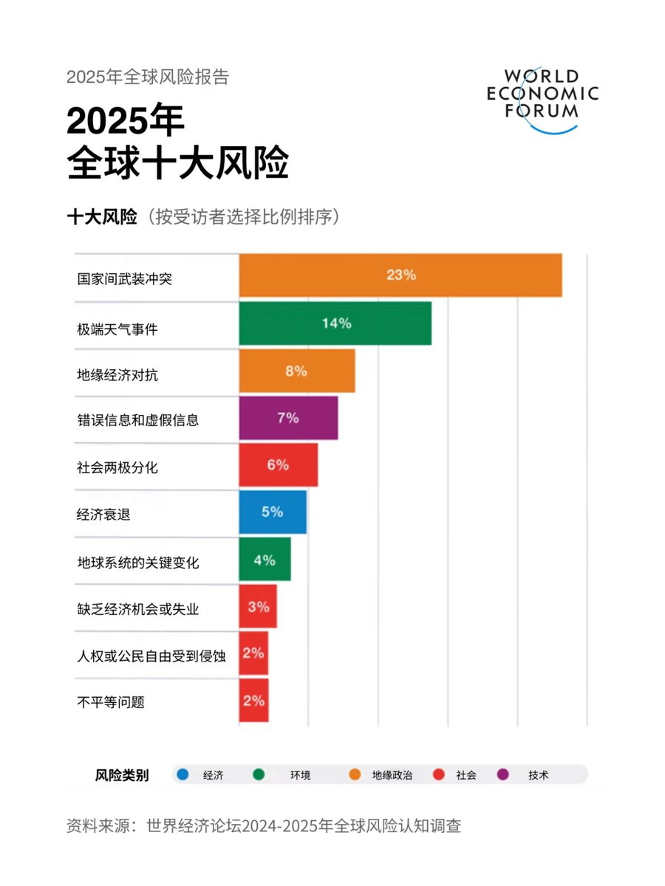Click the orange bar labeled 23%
pyautogui.click(x=400, y=275)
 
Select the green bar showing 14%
pyautogui.click(x=335, y=323)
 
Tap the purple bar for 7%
pyautogui.click(x=288, y=418)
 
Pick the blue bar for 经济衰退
pyautogui.click(x=272, y=512)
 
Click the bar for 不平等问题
pyautogui.click(x=253, y=701)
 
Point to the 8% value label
pyautogui.click(x=296, y=371)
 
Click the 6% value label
pyautogui.click(x=278, y=465)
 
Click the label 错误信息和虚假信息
pyautogui.click(x=137, y=420)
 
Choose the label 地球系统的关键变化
pyautogui.click(x=137, y=563)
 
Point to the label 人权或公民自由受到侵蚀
pyautogui.click(x=151, y=656)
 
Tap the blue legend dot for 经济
pyautogui.click(x=183, y=775)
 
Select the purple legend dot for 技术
pyautogui.click(x=503, y=775)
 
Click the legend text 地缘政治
pyautogui.click(x=392, y=775)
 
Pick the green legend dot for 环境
pyautogui.click(x=259, y=775)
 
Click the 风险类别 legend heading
pyautogui.click(x=122, y=775)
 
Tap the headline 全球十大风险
pyautogui.click(x=177, y=163)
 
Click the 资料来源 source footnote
pyautogui.click(x=264, y=825)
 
